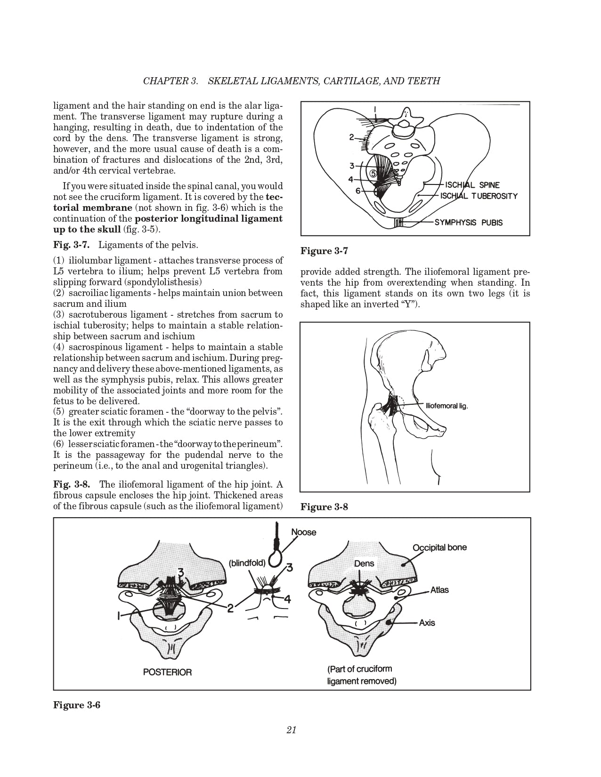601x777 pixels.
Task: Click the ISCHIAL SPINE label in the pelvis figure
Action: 472,185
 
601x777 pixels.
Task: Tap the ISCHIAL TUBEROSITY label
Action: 479,196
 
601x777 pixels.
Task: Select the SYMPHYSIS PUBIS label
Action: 468,223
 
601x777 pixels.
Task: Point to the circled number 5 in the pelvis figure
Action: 373,173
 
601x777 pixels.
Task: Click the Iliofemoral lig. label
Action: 447,406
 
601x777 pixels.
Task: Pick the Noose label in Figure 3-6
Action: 304,532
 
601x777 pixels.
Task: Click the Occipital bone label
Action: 439,548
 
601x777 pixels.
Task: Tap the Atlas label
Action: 439,590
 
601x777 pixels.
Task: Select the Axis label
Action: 427,623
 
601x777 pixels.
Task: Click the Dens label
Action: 364,563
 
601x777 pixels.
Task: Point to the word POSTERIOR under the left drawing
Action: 167,672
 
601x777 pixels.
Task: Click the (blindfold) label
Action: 247,563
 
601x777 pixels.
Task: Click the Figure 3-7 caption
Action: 324,251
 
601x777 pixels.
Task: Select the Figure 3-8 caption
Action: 324,507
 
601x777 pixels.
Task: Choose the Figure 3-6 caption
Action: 77,705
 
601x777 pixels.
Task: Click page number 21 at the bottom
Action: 291,730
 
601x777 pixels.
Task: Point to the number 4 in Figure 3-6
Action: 288,599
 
